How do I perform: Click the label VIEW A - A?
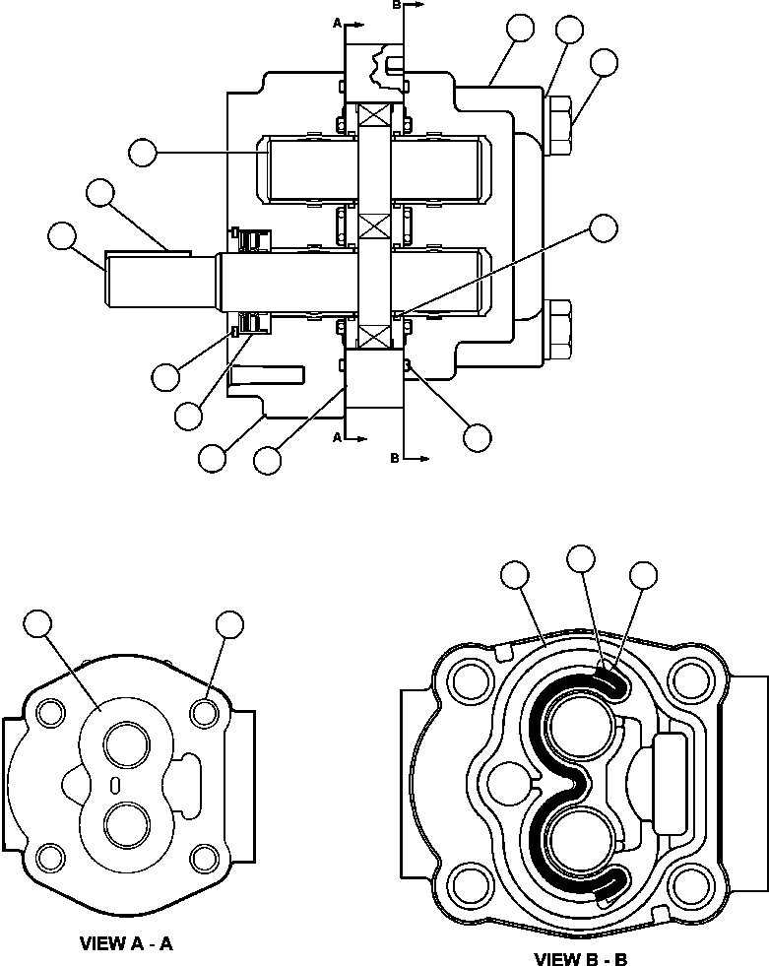(x=126, y=943)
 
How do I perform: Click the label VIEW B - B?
(x=581, y=958)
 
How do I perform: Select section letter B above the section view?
(x=397, y=5)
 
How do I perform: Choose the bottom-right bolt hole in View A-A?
(x=203, y=856)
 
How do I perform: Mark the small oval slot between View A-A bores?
(x=116, y=784)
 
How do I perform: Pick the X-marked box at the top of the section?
(x=374, y=114)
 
